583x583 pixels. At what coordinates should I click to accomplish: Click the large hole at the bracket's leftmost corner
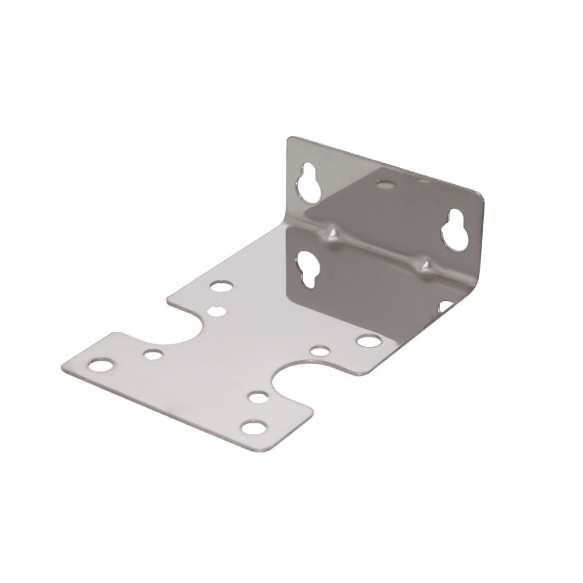click(x=100, y=366)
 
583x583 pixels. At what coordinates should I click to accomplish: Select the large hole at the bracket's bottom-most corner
click(x=252, y=428)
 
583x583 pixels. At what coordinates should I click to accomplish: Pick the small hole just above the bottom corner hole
click(x=256, y=398)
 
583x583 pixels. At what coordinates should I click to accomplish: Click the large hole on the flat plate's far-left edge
click(x=222, y=286)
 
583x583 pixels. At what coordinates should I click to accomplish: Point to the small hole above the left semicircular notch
click(x=216, y=311)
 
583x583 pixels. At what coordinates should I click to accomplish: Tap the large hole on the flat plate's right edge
click(x=367, y=340)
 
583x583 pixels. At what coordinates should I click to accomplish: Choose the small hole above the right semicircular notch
click(x=319, y=351)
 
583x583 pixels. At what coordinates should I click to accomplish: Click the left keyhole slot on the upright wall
click(x=308, y=186)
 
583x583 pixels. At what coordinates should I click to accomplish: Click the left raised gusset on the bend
click(x=334, y=233)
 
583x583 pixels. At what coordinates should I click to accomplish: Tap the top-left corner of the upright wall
click(x=290, y=139)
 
